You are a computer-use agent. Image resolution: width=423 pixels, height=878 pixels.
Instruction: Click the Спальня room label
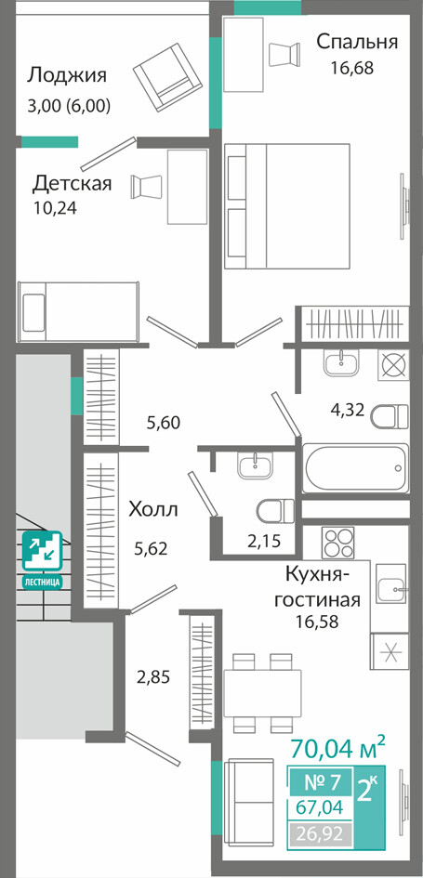pos(357,42)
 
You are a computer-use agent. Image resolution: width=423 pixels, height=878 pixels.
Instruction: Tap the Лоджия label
pos(67,75)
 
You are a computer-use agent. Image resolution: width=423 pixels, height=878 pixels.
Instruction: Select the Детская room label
pos(72,183)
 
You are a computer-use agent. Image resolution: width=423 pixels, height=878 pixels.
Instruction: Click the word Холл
pos(153,510)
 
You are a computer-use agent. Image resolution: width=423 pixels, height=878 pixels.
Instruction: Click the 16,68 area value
pos(351,69)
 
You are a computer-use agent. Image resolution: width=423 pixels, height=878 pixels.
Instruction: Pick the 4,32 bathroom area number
pos(348,411)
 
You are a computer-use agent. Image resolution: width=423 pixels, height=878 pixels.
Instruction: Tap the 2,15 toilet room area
pos(263,541)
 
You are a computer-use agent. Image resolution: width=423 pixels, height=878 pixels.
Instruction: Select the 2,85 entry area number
pos(153,677)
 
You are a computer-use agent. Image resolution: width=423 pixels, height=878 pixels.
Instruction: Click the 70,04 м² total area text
pos(337,747)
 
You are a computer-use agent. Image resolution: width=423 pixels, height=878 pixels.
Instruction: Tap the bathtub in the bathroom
pos(355,468)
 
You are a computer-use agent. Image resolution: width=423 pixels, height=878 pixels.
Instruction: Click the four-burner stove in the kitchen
pos(337,542)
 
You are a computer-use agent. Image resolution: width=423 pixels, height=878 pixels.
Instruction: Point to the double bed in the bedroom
pos(287,205)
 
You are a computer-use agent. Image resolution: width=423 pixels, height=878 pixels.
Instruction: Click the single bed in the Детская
pos(78,311)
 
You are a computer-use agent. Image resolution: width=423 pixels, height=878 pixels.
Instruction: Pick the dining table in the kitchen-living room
pos(263,693)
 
